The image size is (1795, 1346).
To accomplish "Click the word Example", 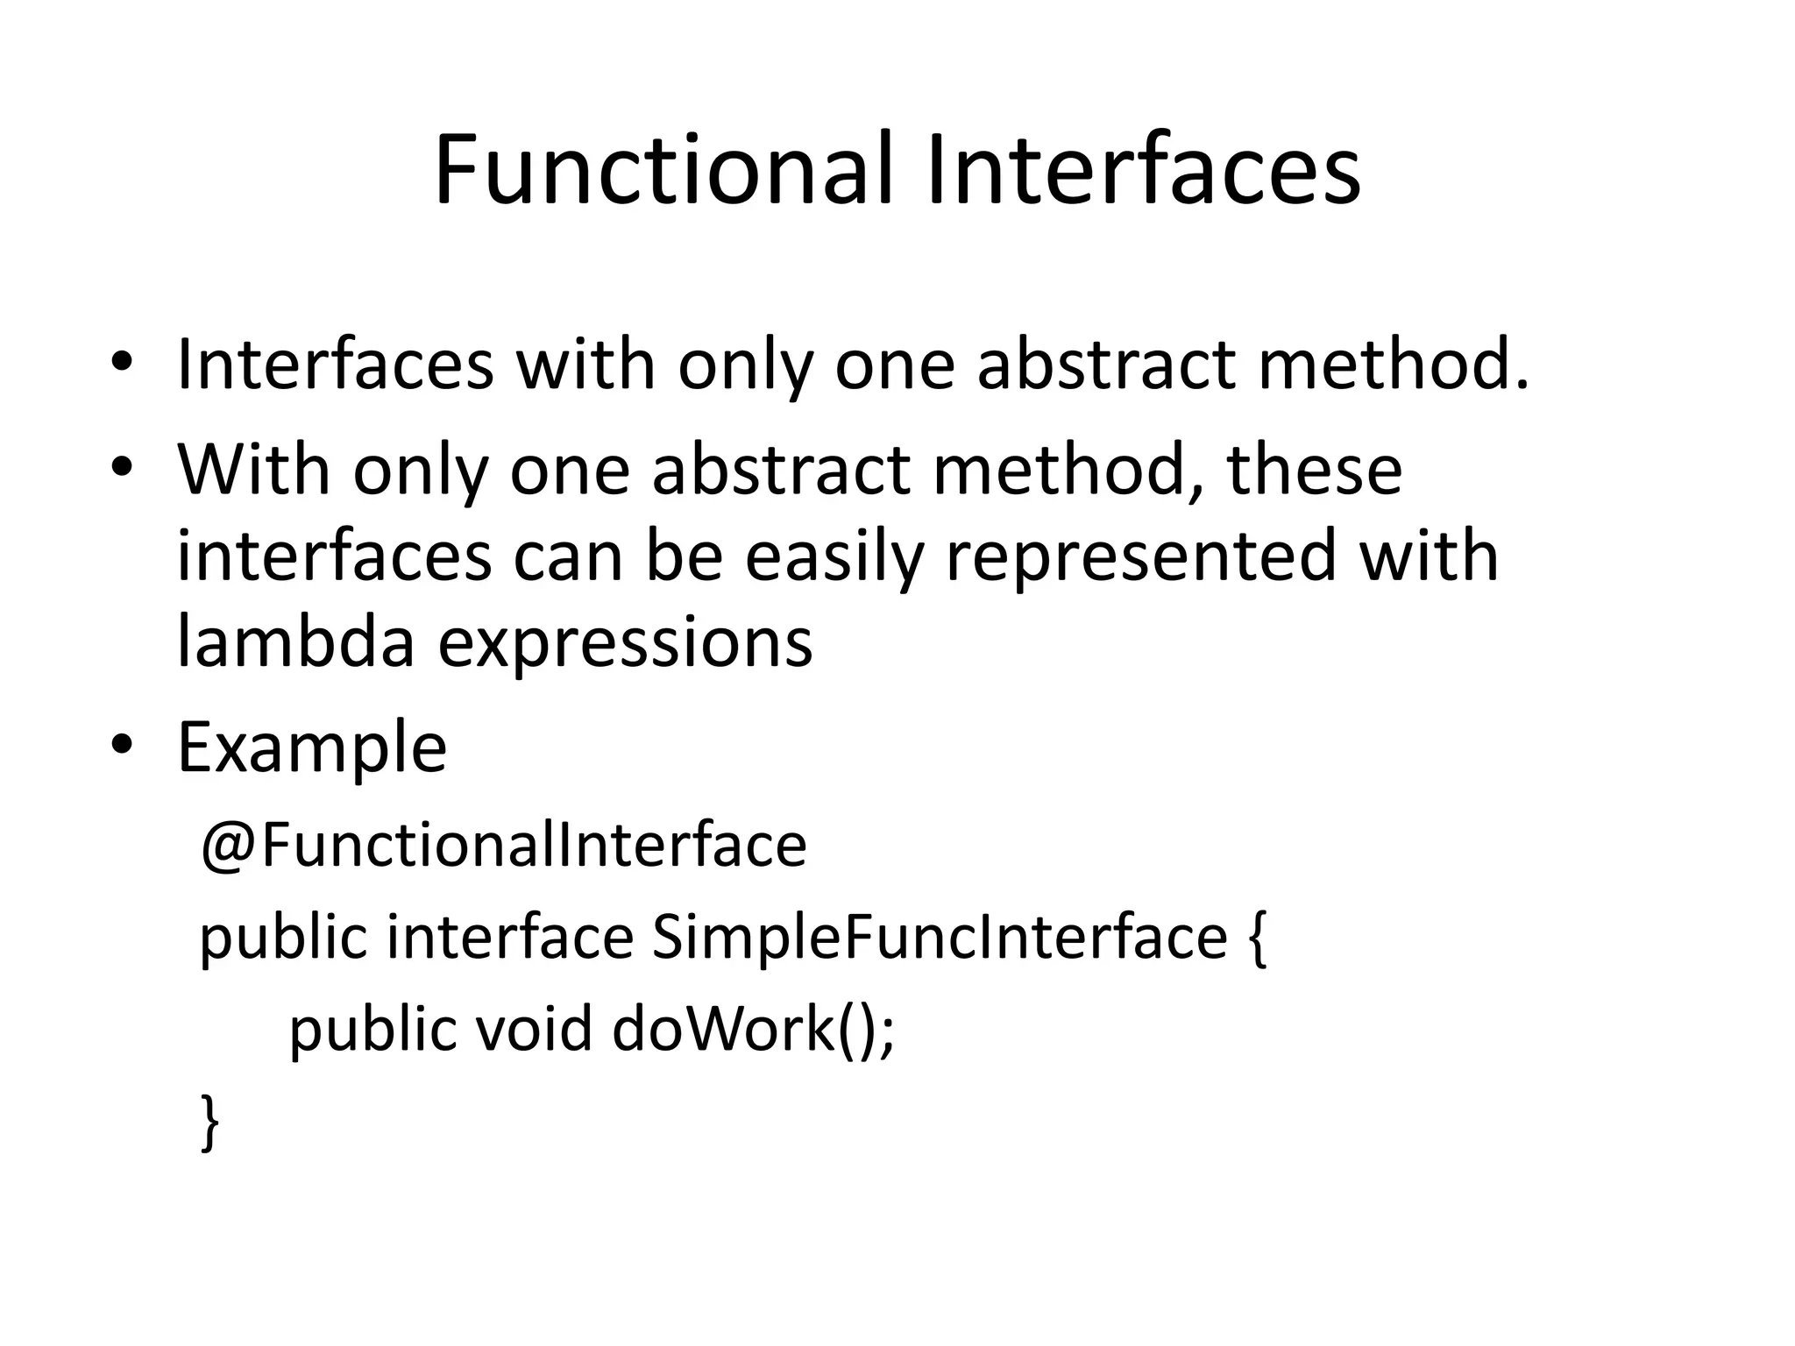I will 312,747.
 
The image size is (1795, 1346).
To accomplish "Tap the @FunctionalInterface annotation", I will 503,845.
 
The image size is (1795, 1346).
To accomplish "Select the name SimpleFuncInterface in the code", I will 939,937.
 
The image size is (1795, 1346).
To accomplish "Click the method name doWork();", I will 753,1029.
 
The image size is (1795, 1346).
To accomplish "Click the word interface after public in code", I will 510,937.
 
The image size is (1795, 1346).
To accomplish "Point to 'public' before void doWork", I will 372,1029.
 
